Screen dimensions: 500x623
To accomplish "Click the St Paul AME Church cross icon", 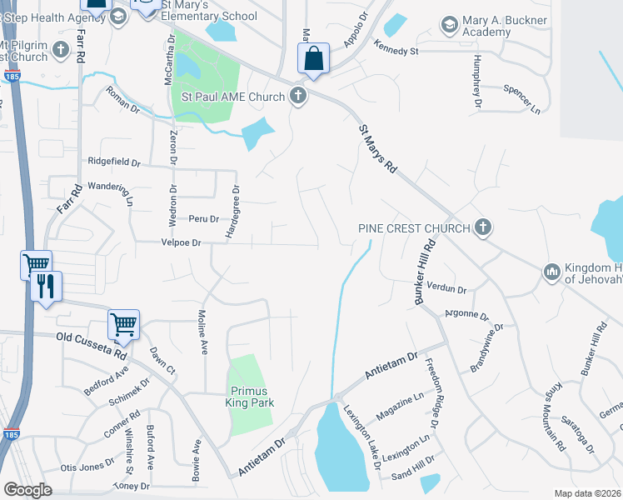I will coord(297,97).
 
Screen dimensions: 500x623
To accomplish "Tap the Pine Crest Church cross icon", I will coord(482,227).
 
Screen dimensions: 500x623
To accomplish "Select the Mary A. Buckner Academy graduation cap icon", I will coord(450,22).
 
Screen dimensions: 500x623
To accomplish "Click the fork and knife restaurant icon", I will coord(44,286).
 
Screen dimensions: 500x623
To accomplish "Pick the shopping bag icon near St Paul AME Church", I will coord(312,59).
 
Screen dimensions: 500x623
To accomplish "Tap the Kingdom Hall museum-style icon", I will coord(551,272).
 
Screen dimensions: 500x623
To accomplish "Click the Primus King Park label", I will coord(249,397).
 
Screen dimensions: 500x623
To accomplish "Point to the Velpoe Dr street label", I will coord(181,243).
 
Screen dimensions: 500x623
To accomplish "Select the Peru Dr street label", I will coord(203,219).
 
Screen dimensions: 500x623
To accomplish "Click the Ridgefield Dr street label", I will coord(115,162).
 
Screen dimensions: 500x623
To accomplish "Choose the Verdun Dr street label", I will coord(446,288).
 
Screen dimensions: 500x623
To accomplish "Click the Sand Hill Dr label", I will coord(413,464).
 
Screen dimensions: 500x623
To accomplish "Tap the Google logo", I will coord(27,490).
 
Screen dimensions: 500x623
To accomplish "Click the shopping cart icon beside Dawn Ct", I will coord(122,323).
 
